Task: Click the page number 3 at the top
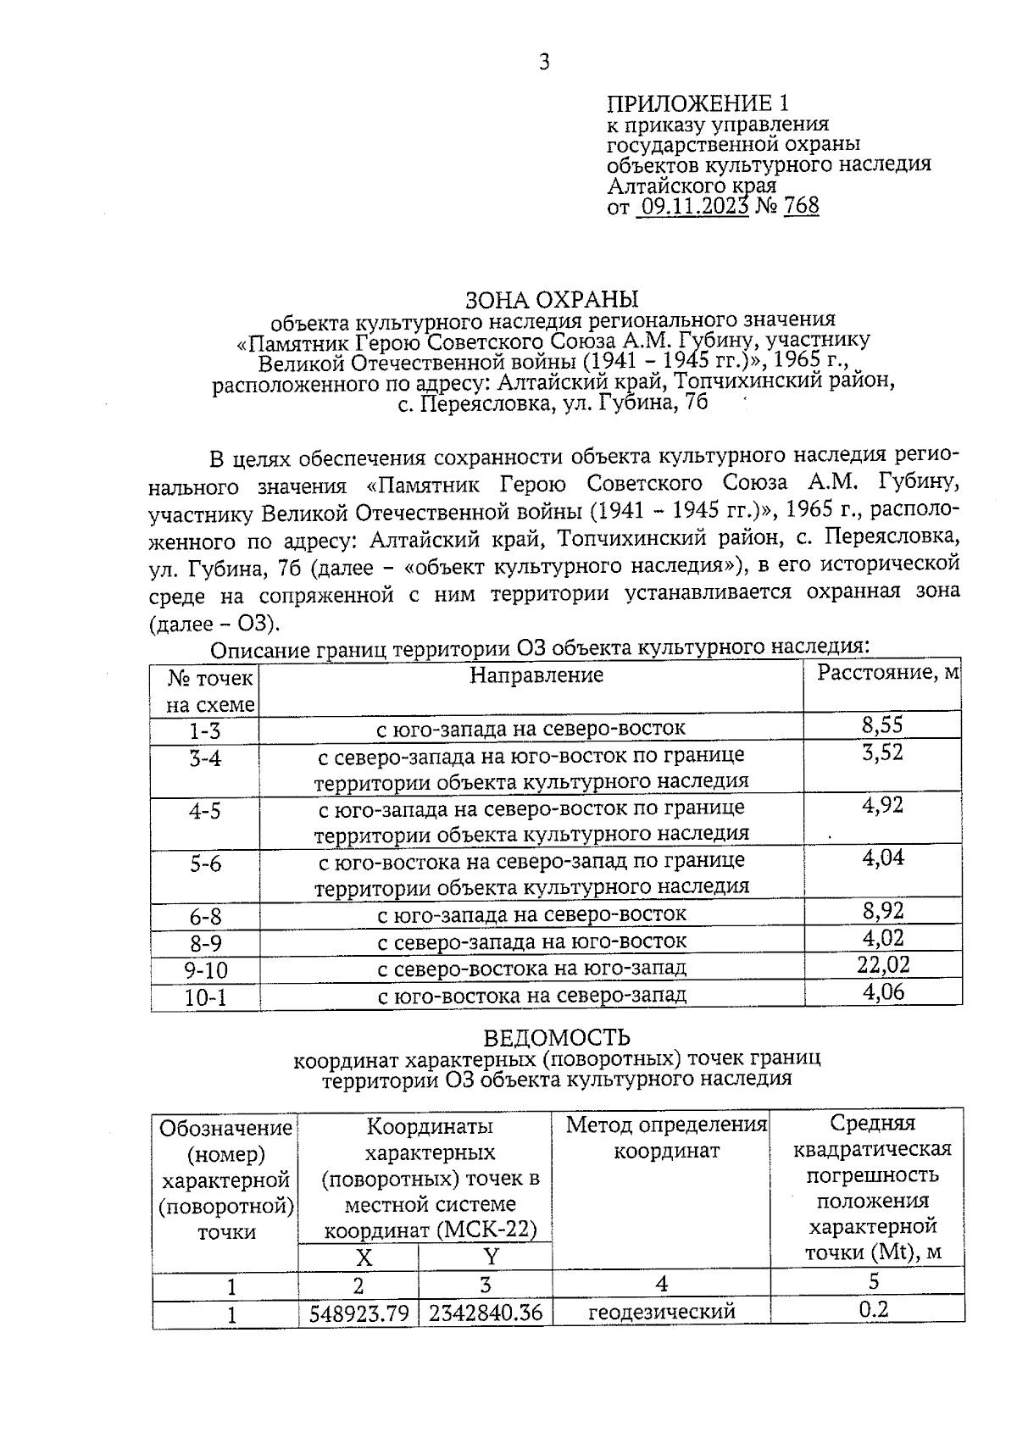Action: (x=544, y=62)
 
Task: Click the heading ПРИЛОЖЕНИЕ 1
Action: (x=697, y=103)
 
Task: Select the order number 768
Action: (x=801, y=206)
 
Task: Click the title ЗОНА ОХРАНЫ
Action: (x=552, y=299)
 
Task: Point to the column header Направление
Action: (x=536, y=675)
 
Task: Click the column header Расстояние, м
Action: (x=887, y=673)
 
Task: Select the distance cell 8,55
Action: (x=882, y=725)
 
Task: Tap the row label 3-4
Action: (x=205, y=758)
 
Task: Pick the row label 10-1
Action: (x=205, y=997)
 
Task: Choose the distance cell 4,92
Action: (x=882, y=805)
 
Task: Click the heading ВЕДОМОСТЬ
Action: (x=557, y=1037)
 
